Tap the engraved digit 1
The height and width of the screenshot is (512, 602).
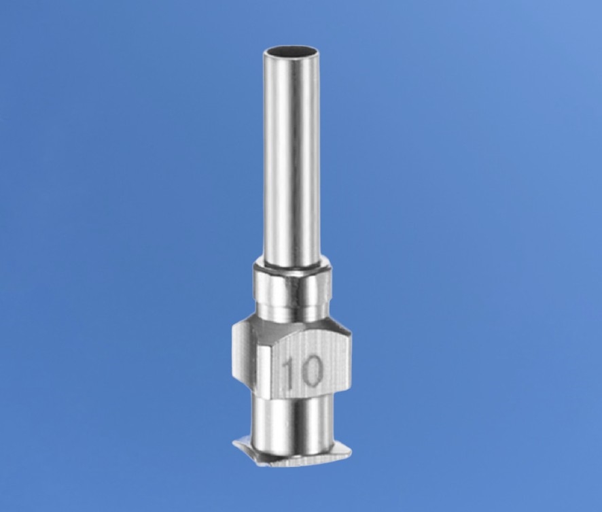point(290,371)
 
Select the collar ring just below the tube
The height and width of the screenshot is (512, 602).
point(292,284)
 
